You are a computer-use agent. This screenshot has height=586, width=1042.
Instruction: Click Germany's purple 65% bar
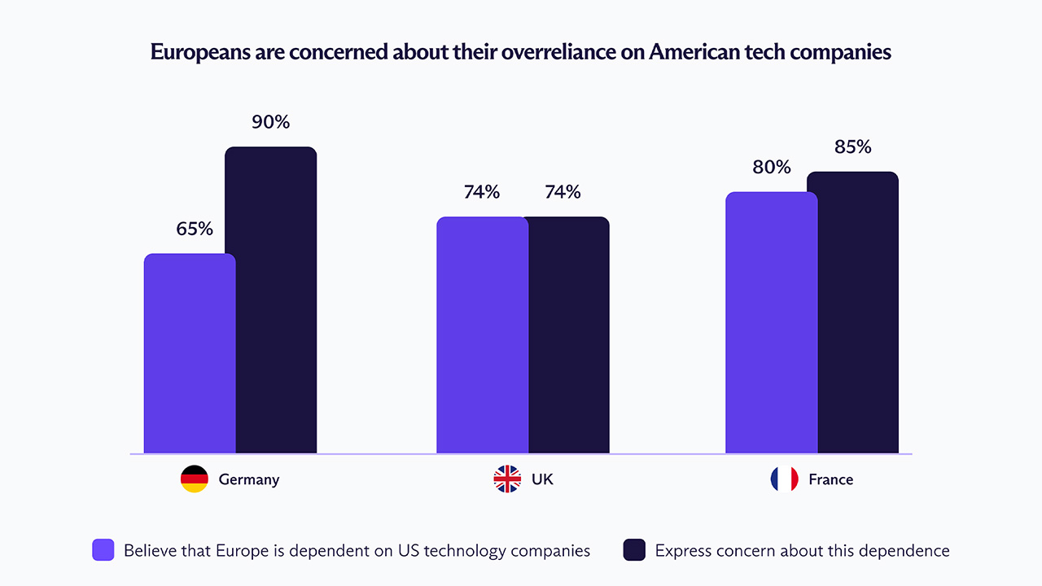[x=190, y=353]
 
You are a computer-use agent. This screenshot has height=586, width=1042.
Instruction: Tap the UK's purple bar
[x=482, y=335]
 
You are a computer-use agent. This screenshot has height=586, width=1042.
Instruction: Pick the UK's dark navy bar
[x=569, y=335]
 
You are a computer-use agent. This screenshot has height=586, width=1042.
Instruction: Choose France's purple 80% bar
[x=771, y=322]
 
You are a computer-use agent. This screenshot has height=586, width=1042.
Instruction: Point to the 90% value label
[x=270, y=122]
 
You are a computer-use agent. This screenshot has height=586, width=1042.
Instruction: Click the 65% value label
[x=195, y=229]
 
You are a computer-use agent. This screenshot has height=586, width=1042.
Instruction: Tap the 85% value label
[x=852, y=147]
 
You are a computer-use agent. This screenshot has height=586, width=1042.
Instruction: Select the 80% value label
[x=772, y=168]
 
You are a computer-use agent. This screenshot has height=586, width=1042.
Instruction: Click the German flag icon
[x=195, y=479]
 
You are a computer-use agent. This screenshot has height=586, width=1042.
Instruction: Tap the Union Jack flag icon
[x=507, y=479]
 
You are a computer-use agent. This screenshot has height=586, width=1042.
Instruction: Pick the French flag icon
[x=785, y=479]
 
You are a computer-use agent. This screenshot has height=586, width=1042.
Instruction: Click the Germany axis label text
[x=248, y=479]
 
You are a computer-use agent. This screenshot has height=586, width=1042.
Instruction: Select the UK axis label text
[x=542, y=479]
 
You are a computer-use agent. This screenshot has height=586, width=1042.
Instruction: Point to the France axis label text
[x=830, y=479]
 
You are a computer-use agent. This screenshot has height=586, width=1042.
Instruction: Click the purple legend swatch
[x=103, y=550]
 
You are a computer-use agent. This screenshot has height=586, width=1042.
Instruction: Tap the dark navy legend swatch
[x=634, y=550]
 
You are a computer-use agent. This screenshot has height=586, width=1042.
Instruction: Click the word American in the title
[x=689, y=52]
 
